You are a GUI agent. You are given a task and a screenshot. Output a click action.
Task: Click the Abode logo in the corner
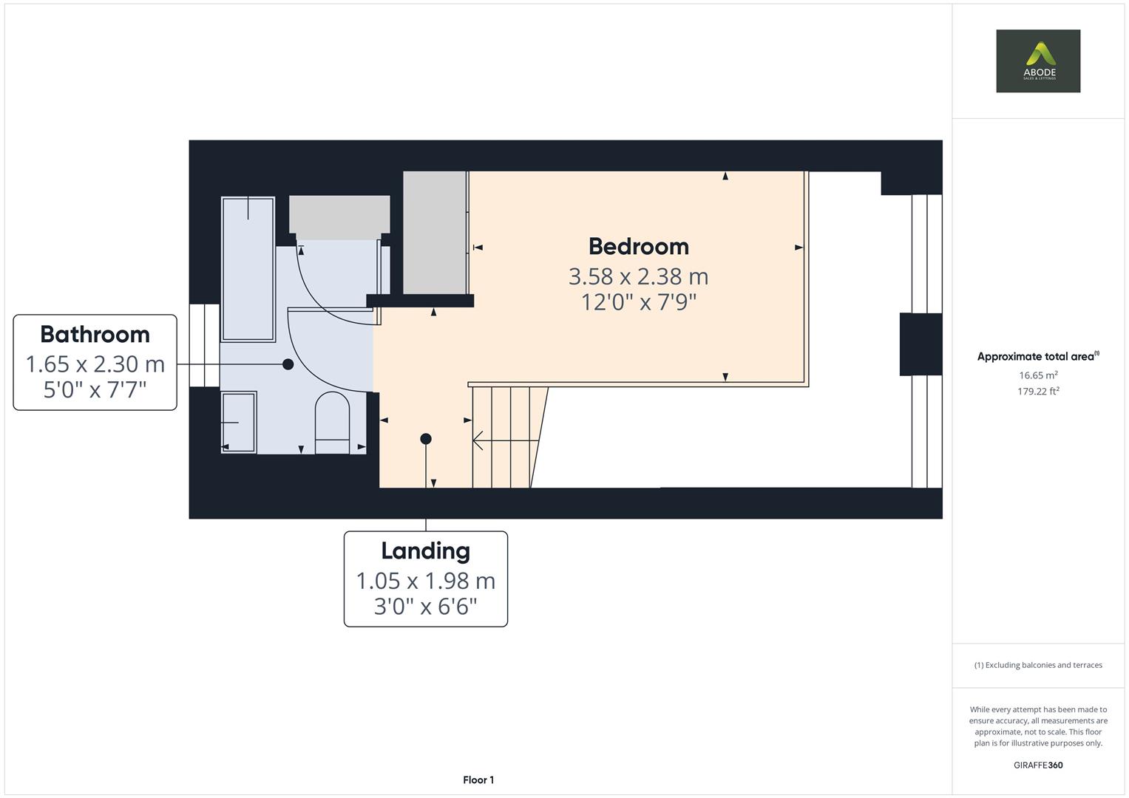(x=1037, y=61)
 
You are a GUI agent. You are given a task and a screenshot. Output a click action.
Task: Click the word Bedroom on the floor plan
(x=638, y=246)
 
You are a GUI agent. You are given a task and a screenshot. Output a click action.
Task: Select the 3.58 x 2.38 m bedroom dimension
(x=638, y=276)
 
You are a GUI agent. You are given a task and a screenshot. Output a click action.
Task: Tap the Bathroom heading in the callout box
(x=95, y=334)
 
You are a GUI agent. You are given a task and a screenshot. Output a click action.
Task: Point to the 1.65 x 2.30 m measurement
(x=95, y=364)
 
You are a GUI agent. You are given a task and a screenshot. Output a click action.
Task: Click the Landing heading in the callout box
(x=425, y=550)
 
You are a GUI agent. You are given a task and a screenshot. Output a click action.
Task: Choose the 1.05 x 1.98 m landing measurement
(x=425, y=581)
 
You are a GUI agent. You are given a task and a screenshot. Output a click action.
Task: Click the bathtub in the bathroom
(x=248, y=269)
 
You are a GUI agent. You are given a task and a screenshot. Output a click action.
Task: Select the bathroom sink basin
(x=239, y=422)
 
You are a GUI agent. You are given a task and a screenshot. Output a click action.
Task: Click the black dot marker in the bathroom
(x=288, y=364)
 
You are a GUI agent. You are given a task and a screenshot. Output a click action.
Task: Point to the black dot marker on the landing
(x=426, y=439)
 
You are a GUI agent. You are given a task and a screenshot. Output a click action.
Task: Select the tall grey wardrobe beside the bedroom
(x=435, y=232)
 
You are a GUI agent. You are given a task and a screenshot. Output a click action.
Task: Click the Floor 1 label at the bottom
(x=478, y=780)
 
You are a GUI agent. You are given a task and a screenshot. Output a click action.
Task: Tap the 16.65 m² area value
(x=1037, y=375)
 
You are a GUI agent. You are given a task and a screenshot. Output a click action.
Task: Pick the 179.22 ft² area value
(x=1037, y=392)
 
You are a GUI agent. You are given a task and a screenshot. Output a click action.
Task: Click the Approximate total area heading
(x=1037, y=356)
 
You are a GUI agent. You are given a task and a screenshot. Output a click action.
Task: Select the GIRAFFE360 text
(x=1037, y=765)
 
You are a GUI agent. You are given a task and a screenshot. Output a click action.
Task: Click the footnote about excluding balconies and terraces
(x=1037, y=665)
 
